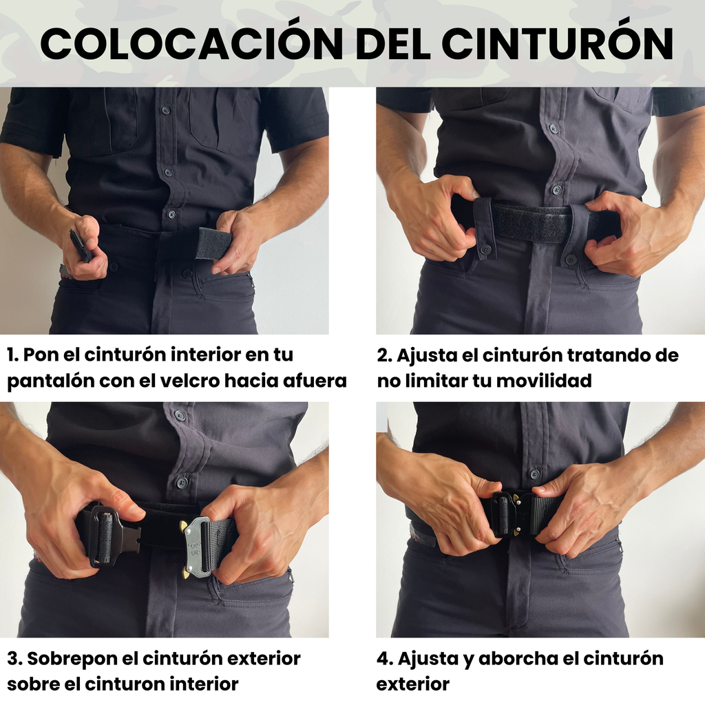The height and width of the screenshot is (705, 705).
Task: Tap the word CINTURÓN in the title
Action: tap(557, 44)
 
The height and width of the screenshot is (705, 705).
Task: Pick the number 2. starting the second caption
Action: tap(384, 355)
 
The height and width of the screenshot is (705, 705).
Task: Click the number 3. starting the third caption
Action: tap(14, 658)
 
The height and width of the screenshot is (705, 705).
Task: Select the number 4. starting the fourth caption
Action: tap(384, 658)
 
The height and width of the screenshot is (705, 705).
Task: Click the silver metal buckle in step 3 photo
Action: tap(198, 547)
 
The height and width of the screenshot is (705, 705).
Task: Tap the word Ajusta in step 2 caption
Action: tap(423, 355)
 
